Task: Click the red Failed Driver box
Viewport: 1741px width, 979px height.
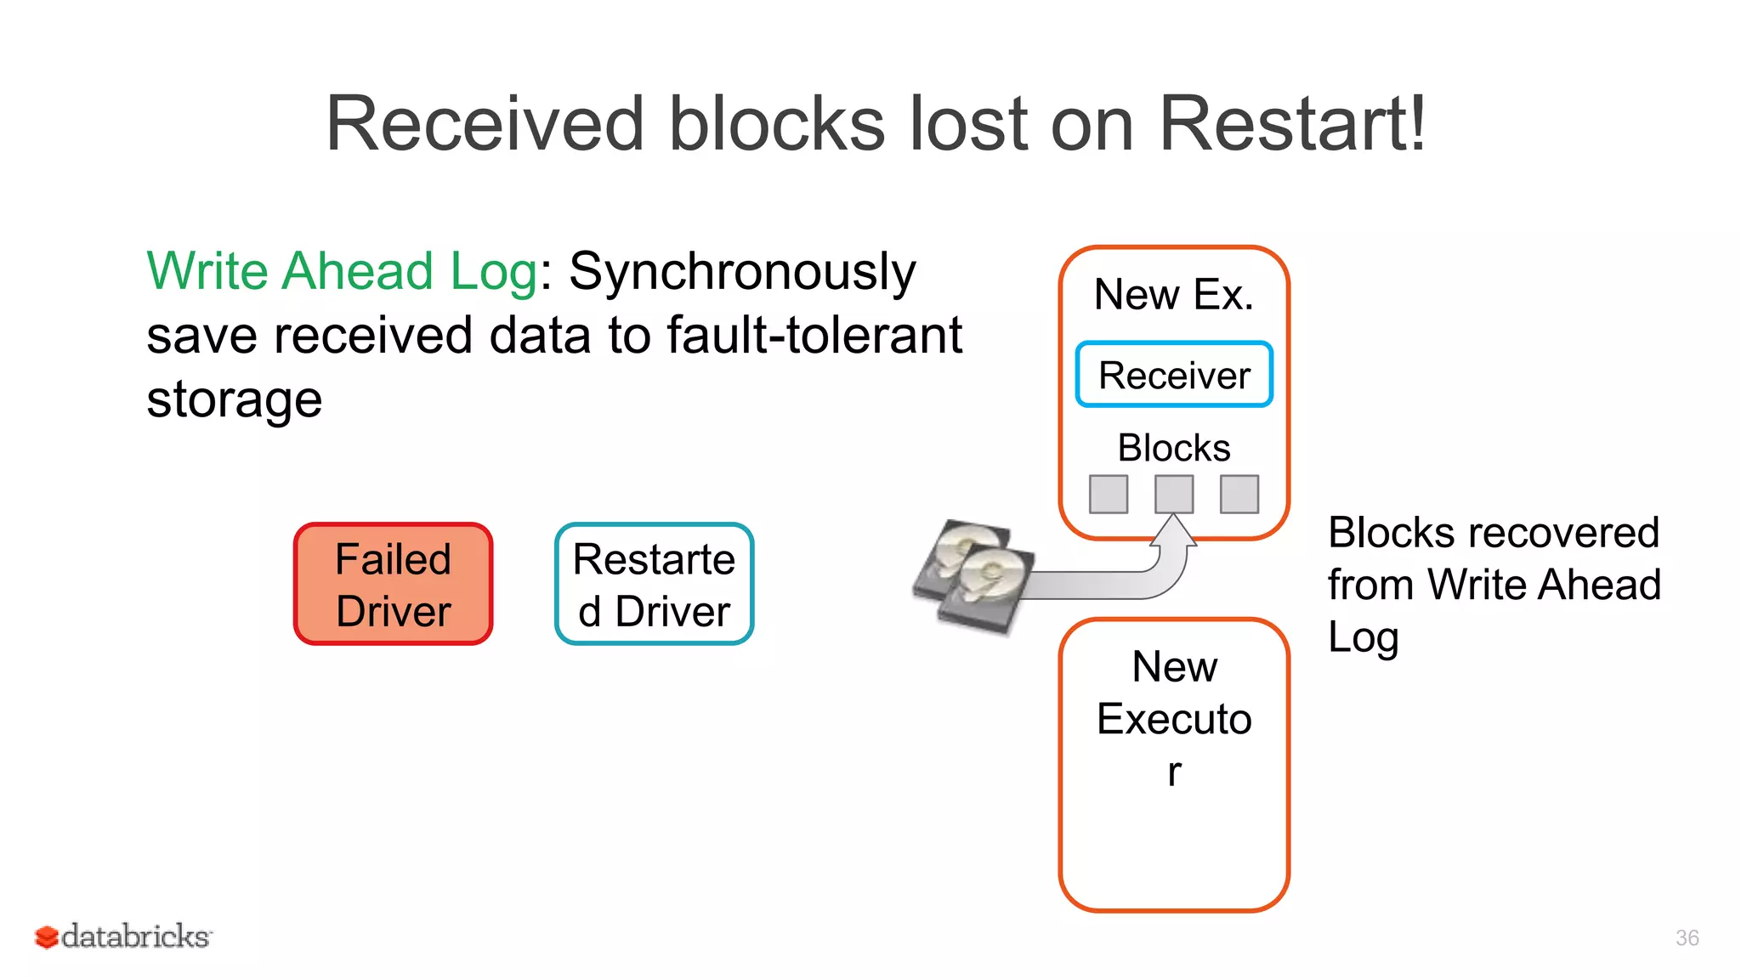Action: click(x=393, y=584)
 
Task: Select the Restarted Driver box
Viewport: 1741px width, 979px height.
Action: click(x=654, y=584)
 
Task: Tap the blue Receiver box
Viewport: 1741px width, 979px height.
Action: click(x=1173, y=375)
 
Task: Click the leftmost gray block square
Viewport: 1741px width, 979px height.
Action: click(x=1109, y=494)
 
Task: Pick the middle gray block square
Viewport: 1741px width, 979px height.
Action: click(x=1173, y=494)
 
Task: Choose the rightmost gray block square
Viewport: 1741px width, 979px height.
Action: click(x=1239, y=494)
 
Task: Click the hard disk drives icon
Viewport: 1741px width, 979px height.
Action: click(x=974, y=575)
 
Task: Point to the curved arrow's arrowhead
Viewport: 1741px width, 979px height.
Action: click(x=1174, y=529)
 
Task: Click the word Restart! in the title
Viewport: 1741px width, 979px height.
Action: click(x=1292, y=124)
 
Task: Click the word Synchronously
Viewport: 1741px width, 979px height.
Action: click(x=742, y=273)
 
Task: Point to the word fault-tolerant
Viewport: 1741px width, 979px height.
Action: click(x=814, y=335)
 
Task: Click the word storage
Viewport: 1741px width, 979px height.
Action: click(x=235, y=399)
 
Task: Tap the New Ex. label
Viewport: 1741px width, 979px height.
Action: click(x=1173, y=295)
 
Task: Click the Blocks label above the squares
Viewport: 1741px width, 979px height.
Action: click(x=1173, y=448)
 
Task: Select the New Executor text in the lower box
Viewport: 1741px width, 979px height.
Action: click(x=1173, y=718)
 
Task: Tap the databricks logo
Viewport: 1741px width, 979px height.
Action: click(x=123, y=937)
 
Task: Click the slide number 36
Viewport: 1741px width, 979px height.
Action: click(x=1687, y=937)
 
